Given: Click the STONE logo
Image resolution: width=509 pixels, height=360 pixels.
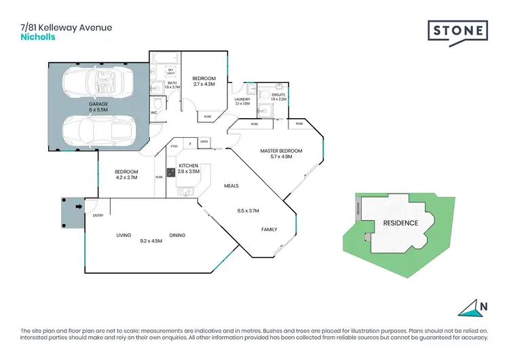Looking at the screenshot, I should [x=458, y=30].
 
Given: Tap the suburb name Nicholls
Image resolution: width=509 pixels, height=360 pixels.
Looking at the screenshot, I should [x=37, y=37].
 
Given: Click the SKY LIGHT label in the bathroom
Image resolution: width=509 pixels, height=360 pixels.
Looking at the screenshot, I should [x=171, y=71].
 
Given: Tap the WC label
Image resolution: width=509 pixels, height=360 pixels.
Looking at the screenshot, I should [x=154, y=113].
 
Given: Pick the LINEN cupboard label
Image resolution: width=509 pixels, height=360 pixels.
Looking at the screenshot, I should [x=204, y=142].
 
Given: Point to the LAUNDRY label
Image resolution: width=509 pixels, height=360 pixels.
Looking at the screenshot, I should [x=242, y=100].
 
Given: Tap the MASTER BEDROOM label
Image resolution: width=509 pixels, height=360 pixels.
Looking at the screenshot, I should [x=281, y=150].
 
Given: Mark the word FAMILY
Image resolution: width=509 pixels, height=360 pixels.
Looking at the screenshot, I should [x=269, y=230].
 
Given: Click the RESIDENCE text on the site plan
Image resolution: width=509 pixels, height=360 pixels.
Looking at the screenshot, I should [x=400, y=223].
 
